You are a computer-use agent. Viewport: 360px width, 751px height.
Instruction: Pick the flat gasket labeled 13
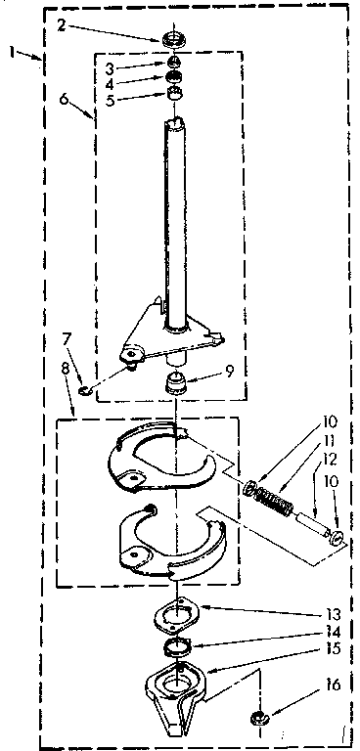pyautogui.click(x=176, y=618)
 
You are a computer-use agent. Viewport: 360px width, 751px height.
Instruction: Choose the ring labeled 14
pyautogui.click(x=177, y=646)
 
